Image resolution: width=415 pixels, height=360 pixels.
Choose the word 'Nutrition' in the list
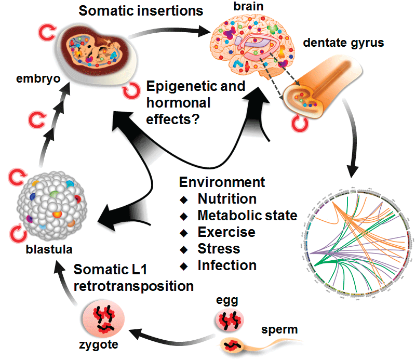pyautogui.click(x=227, y=199)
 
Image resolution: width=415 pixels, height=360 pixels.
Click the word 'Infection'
pyautogui.click(x=227, y=265)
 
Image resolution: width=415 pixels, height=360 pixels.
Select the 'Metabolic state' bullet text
pyautogui.click(x=247, y=216)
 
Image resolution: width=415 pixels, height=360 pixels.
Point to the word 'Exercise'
pyautogui.click(x=226, y=232)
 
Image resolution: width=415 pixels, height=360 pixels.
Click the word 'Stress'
pyautogui.click(x=219, y=248)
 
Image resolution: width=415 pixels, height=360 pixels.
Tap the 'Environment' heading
pyautogui.click(x=222, y=182)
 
